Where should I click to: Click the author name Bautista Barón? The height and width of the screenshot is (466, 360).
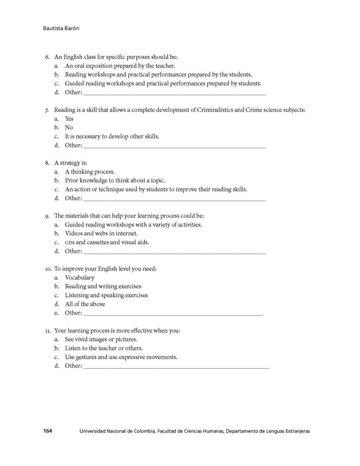point(61,29)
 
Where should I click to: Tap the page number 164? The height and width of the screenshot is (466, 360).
point(48,431)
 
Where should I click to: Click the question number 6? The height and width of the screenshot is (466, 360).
point(47,57)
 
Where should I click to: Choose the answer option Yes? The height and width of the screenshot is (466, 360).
point(69,119)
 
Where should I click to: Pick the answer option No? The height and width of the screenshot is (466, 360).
point(69,128)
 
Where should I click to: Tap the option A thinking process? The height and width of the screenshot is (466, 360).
point(90,172)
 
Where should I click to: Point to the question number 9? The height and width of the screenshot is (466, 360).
point(47,216)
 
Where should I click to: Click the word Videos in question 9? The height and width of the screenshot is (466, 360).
point(74,233)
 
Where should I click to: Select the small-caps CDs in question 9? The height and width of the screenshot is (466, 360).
point(69,243)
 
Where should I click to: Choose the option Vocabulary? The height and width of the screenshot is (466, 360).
point(79,278)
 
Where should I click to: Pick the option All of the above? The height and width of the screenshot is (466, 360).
point(85,304)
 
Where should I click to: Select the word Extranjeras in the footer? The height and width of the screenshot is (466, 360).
point(296,431)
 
